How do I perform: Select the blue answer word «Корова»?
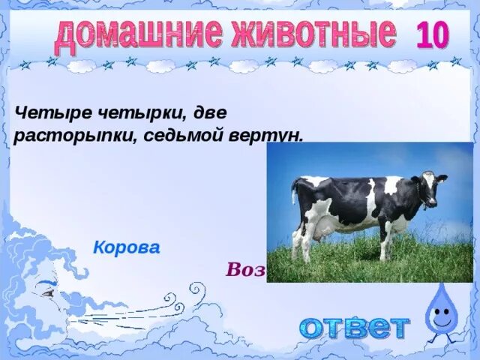coord(126,247)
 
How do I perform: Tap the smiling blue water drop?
coord(440,311)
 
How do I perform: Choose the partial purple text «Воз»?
coord(244,270)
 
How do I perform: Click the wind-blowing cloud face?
coord(45,292)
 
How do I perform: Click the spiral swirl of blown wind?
coord(196,289)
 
